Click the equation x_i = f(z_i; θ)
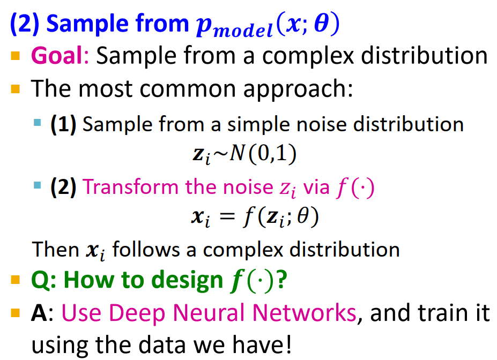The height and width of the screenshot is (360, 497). tap(251, 218)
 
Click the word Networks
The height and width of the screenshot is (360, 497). tap(306, 313)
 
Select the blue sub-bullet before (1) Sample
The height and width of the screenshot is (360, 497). tap(36, 123)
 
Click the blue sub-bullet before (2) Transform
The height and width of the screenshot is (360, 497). tap(36, 186)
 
